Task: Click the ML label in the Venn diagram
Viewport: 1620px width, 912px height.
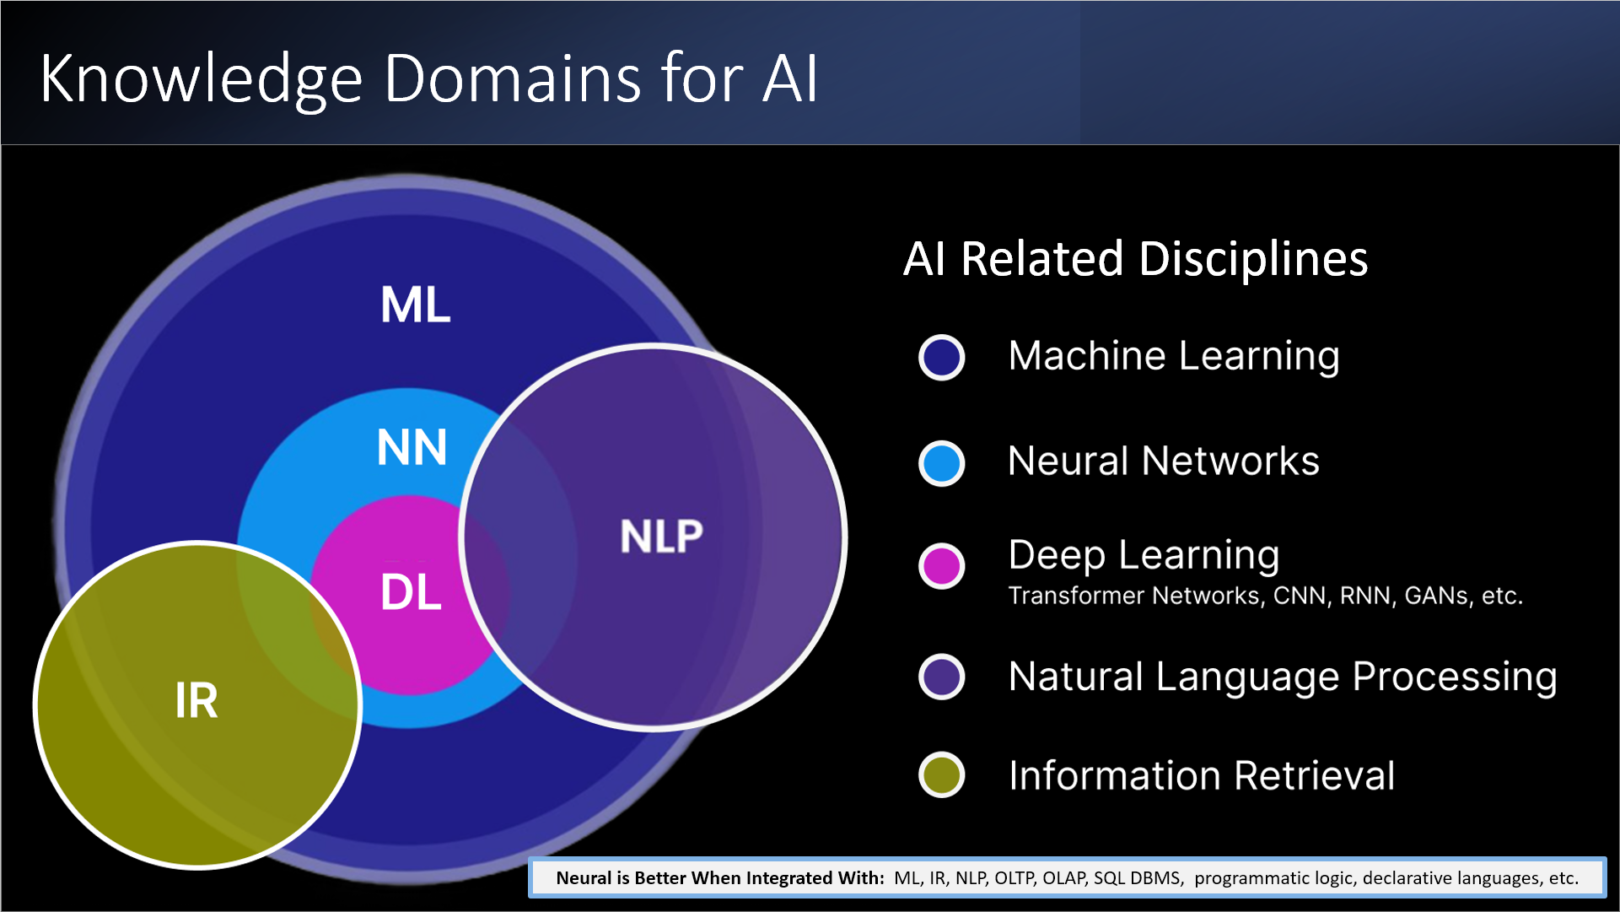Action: click(416, 305)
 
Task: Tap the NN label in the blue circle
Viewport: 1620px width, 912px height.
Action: click(412, 447)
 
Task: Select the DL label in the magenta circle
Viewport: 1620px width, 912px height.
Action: click(411, 592)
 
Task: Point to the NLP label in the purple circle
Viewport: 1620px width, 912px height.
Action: click(661, 537)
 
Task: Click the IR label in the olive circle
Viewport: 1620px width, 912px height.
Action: click(196, 700)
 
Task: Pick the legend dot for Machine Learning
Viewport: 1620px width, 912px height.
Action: click(941, 357)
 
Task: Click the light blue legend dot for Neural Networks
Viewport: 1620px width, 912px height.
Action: click(941, 463)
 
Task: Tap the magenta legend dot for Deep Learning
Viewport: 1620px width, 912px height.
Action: click(941, 565)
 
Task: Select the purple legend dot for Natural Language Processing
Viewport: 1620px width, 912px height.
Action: click(941, 677)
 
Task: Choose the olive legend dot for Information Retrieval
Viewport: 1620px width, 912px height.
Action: click(941, 774)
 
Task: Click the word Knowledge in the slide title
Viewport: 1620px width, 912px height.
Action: click(201, 79)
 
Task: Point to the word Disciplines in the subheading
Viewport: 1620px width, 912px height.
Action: click(1253, 259)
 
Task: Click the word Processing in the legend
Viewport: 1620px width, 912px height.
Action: click(1455, 677)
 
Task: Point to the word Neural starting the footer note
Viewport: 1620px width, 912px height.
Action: click(584, 878)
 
